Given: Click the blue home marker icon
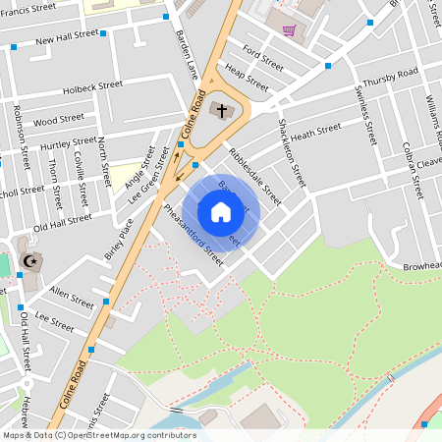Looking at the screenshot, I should [x=220, y=211].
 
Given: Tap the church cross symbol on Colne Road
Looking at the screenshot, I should [x=222, y=110].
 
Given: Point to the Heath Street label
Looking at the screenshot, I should [x=315, y=131].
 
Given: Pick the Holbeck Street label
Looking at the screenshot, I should [x=92, y=86].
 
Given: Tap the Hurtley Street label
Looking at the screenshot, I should [x=68, y=144].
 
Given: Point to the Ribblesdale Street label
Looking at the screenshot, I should [x=254, y=175].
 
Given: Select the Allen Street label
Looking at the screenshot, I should [x=71, y=293].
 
